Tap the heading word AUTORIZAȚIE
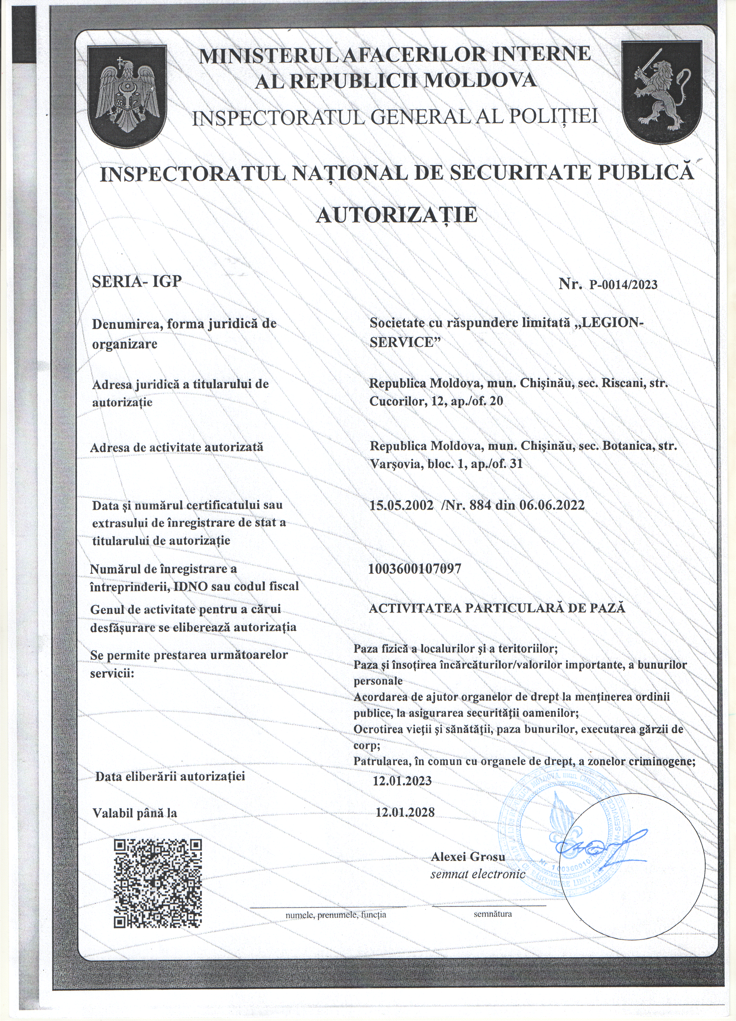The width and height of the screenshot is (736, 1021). coord(396,215)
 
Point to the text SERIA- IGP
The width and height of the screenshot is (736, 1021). coord(137,281)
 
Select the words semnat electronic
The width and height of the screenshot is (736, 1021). coord(478,874)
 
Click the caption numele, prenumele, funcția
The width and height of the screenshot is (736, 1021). coord(336,915)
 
